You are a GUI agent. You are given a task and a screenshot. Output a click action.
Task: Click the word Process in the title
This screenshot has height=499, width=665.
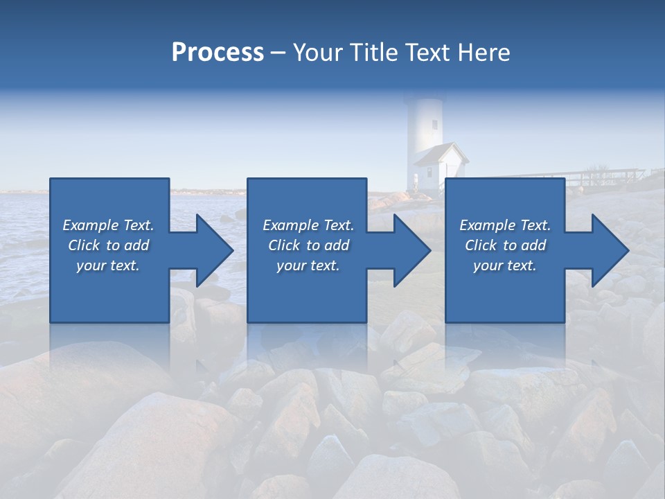click(218, 53)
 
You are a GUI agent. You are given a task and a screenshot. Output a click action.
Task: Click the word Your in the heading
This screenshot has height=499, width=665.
click(317, 53)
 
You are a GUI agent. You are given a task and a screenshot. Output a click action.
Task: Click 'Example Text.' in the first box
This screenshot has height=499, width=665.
click(109, 225)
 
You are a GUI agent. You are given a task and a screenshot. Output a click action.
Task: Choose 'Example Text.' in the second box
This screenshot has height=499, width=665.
click(308, 225)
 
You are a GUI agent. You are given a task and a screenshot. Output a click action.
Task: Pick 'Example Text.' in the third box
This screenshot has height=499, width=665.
click(505, 225)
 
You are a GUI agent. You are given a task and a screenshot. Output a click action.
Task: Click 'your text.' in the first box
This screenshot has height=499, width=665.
click(108, 265)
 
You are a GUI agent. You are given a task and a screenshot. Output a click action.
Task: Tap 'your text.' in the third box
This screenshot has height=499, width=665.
click(505, 265)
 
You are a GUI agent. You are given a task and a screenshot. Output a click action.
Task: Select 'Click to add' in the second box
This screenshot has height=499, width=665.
click(308, 245)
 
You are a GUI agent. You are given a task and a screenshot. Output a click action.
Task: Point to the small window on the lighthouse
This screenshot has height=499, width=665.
click(435, 125)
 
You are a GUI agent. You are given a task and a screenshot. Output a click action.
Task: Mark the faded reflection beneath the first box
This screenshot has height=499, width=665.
click(109, 347)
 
